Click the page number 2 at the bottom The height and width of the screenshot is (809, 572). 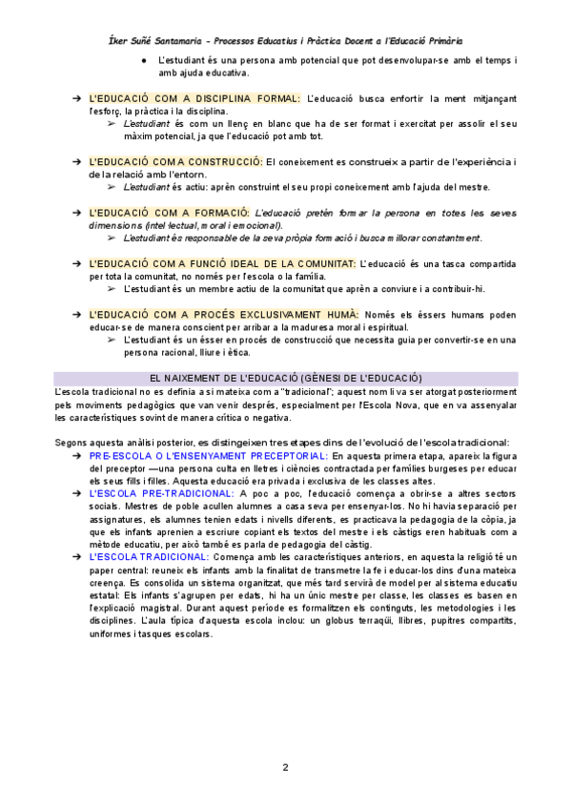pyautogui.click(x=285, y=767)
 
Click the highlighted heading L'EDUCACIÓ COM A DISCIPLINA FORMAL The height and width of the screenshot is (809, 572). pyautogui.click(x=194, y=98)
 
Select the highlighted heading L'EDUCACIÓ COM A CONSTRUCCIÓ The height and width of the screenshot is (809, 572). pyautogui.click(x=175, y=161)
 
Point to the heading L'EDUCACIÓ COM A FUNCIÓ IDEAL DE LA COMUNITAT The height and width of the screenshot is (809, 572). pyautogui.click(x=222, y=262)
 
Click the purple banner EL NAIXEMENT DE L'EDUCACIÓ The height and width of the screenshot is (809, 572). pyautogui.click(x=286, y=378)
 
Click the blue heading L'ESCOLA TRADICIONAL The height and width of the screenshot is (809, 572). pyautogui.click(x=149, y=556)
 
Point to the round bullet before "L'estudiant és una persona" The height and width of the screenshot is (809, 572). pyautogui.click(x=143, y=60)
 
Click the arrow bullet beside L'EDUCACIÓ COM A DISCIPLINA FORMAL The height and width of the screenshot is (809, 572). pyautogui.click(x=75, y=98)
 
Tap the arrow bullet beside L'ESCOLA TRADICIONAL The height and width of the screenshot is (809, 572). pyautogui.click(x=75, y=556)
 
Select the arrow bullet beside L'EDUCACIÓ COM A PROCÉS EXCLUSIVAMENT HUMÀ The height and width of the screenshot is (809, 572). pyautogui.click(x=75, y=314)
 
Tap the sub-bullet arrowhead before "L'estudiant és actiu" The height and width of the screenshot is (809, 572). pyautogui.click(x=112, y=187)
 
